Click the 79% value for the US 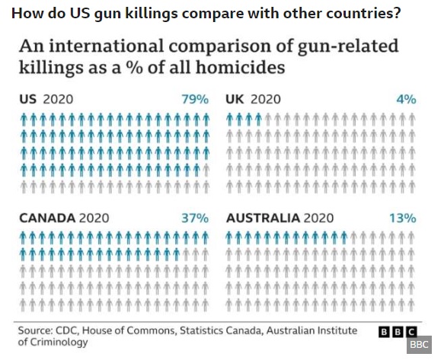(195, 100)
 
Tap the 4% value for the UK (407, 100)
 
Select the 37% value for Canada (195, 218)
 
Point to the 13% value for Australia (403, 218)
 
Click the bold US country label (27, 100)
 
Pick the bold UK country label (235, 100)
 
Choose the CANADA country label (47, 218)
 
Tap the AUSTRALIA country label (263, 218)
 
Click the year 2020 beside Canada (94, 218)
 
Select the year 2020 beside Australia (318, 218)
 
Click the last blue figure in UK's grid (258, 119)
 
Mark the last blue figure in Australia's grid (343, 237)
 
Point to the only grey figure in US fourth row (206, 170)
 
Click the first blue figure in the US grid (24, 119)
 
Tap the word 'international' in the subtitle (106, 46)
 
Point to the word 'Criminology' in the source (59, 342)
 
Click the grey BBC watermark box (419, 345)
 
